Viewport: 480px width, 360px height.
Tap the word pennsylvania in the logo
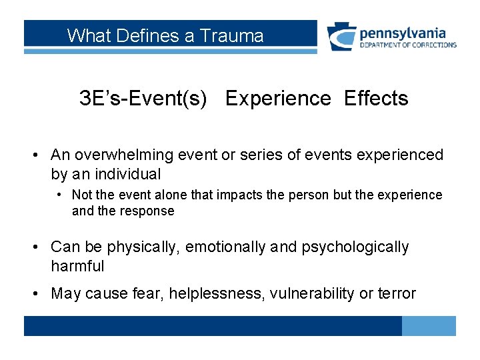(403, 33)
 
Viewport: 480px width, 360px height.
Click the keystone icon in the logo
(341, 37)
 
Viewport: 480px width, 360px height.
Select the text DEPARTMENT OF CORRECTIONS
(408, 45)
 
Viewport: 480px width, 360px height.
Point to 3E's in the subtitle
(97, 99)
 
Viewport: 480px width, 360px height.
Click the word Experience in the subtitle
(278, 99)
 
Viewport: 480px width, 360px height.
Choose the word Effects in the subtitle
(376, 99)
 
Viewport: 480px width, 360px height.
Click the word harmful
(77, 267)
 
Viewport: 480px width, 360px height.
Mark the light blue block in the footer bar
(429, 326)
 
